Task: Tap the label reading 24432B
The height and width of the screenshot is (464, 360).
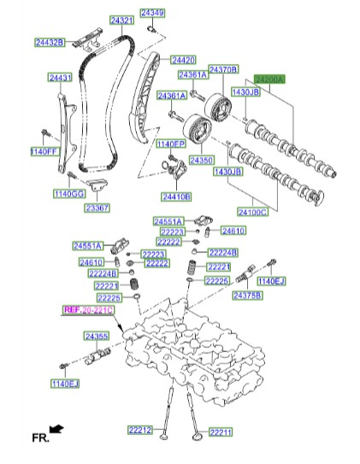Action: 50,42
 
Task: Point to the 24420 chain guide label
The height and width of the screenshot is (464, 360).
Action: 183,60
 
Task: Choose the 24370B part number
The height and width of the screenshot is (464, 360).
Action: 223,69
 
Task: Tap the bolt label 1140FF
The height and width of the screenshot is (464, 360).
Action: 43,151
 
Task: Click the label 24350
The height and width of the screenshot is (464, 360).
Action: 201,160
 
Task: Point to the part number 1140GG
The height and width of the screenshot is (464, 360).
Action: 69,194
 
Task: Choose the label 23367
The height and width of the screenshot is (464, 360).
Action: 96,208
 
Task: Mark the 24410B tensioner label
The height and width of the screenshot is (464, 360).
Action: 176,197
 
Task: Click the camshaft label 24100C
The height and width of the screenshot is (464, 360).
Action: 252,211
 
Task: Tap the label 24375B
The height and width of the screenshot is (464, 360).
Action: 248,295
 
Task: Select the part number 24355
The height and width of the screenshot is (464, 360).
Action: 96,338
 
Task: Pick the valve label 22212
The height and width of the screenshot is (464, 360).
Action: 140,430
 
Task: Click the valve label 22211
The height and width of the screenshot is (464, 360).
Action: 221,432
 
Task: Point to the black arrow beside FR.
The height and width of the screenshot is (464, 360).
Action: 56,426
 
